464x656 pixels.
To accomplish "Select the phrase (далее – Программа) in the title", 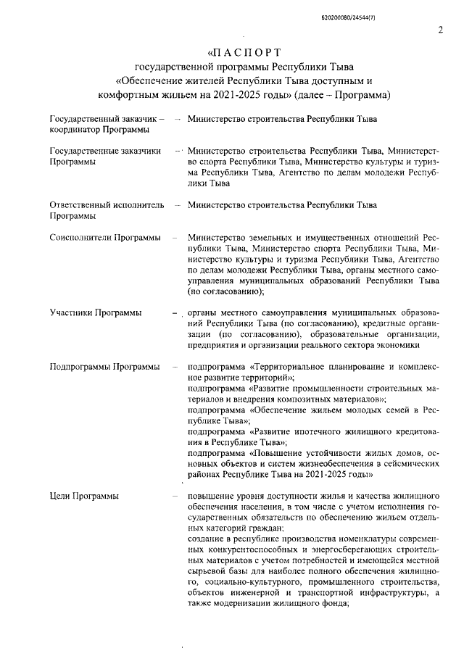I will [x=341, y=95].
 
